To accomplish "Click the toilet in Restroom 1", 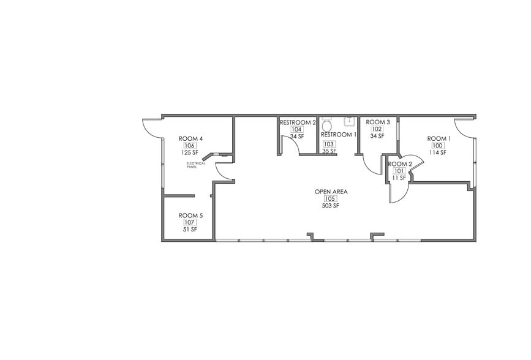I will click(326, 121).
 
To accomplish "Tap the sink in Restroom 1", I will click(350, 121).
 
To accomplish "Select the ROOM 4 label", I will click(190, 138).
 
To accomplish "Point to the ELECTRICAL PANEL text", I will click(195, 165).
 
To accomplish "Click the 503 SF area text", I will click(331, 206).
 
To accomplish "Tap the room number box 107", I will click(190, 223).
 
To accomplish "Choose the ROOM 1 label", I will click(439, 138).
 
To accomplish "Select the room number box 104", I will click(297, 130).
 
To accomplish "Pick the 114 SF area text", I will click(438, 152).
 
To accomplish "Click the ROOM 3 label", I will click(378, 122).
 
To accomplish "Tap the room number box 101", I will click(399, 171).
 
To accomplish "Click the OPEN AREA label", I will click(331, 192).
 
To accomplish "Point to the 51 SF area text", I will click(190, 230).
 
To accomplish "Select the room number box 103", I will click(329, 144).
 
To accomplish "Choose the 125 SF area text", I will click(190, 153).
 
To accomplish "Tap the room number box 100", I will click(438, 146).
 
